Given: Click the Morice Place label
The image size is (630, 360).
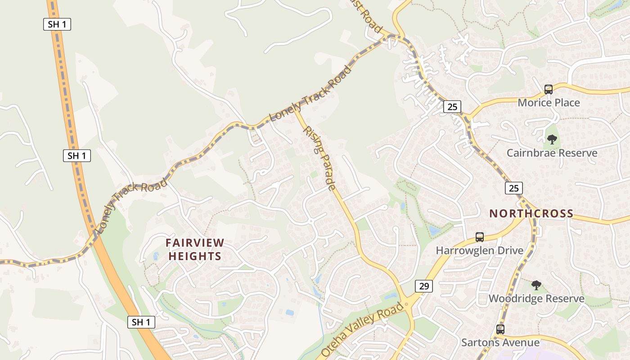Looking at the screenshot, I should point(549,103).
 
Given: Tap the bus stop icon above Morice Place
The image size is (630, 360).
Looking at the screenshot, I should point(548,90).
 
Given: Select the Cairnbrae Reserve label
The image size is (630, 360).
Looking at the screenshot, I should point(552,153).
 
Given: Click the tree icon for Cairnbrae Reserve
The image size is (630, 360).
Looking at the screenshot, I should point(552,139).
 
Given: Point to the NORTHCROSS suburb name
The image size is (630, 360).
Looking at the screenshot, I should point(531,213).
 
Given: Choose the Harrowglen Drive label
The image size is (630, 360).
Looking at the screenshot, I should point(479,250).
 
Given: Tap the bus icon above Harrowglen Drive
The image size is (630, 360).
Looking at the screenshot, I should point(479,237).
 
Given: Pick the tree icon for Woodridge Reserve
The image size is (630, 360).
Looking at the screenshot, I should point(536,285).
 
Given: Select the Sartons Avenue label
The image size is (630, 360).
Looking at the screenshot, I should point(500,342).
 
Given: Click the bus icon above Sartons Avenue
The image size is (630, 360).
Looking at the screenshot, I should point(500,329).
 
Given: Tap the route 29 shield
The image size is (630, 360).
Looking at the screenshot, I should point(423,286).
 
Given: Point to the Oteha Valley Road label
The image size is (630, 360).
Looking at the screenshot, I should point(363,329).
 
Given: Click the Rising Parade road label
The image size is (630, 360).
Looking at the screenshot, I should point(319,158).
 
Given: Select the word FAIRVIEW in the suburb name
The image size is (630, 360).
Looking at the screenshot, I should point(195,243).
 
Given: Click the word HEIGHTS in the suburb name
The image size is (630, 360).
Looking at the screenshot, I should point(195,256).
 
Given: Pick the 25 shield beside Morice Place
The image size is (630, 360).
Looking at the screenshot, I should point(452,107).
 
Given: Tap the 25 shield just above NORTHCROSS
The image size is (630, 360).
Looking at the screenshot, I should point(514,188).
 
